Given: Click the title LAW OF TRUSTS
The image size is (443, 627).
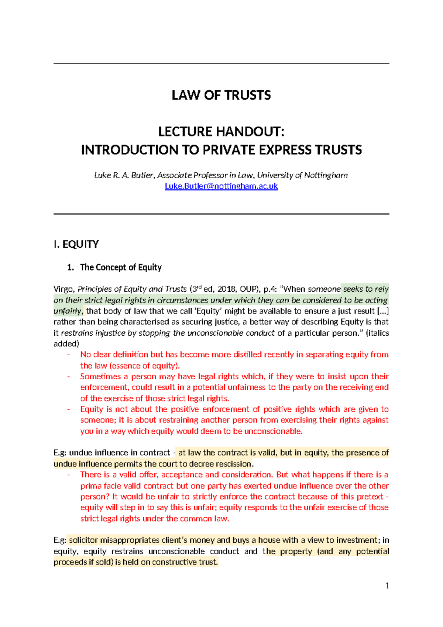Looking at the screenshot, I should click(x=221, y=95).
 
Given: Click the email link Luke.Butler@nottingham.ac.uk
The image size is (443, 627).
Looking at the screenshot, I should click(x=221, y=186).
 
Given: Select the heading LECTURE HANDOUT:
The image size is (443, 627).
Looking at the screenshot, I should click(x=221, y=132).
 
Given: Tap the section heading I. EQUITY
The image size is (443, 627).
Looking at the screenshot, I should click(x=76, y=244).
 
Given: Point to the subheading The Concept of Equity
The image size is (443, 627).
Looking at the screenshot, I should click(x=121, y=267).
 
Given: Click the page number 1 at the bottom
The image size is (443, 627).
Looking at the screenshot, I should click(x=387, y=586).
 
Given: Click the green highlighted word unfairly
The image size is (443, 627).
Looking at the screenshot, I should click(x=68, y=311).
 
